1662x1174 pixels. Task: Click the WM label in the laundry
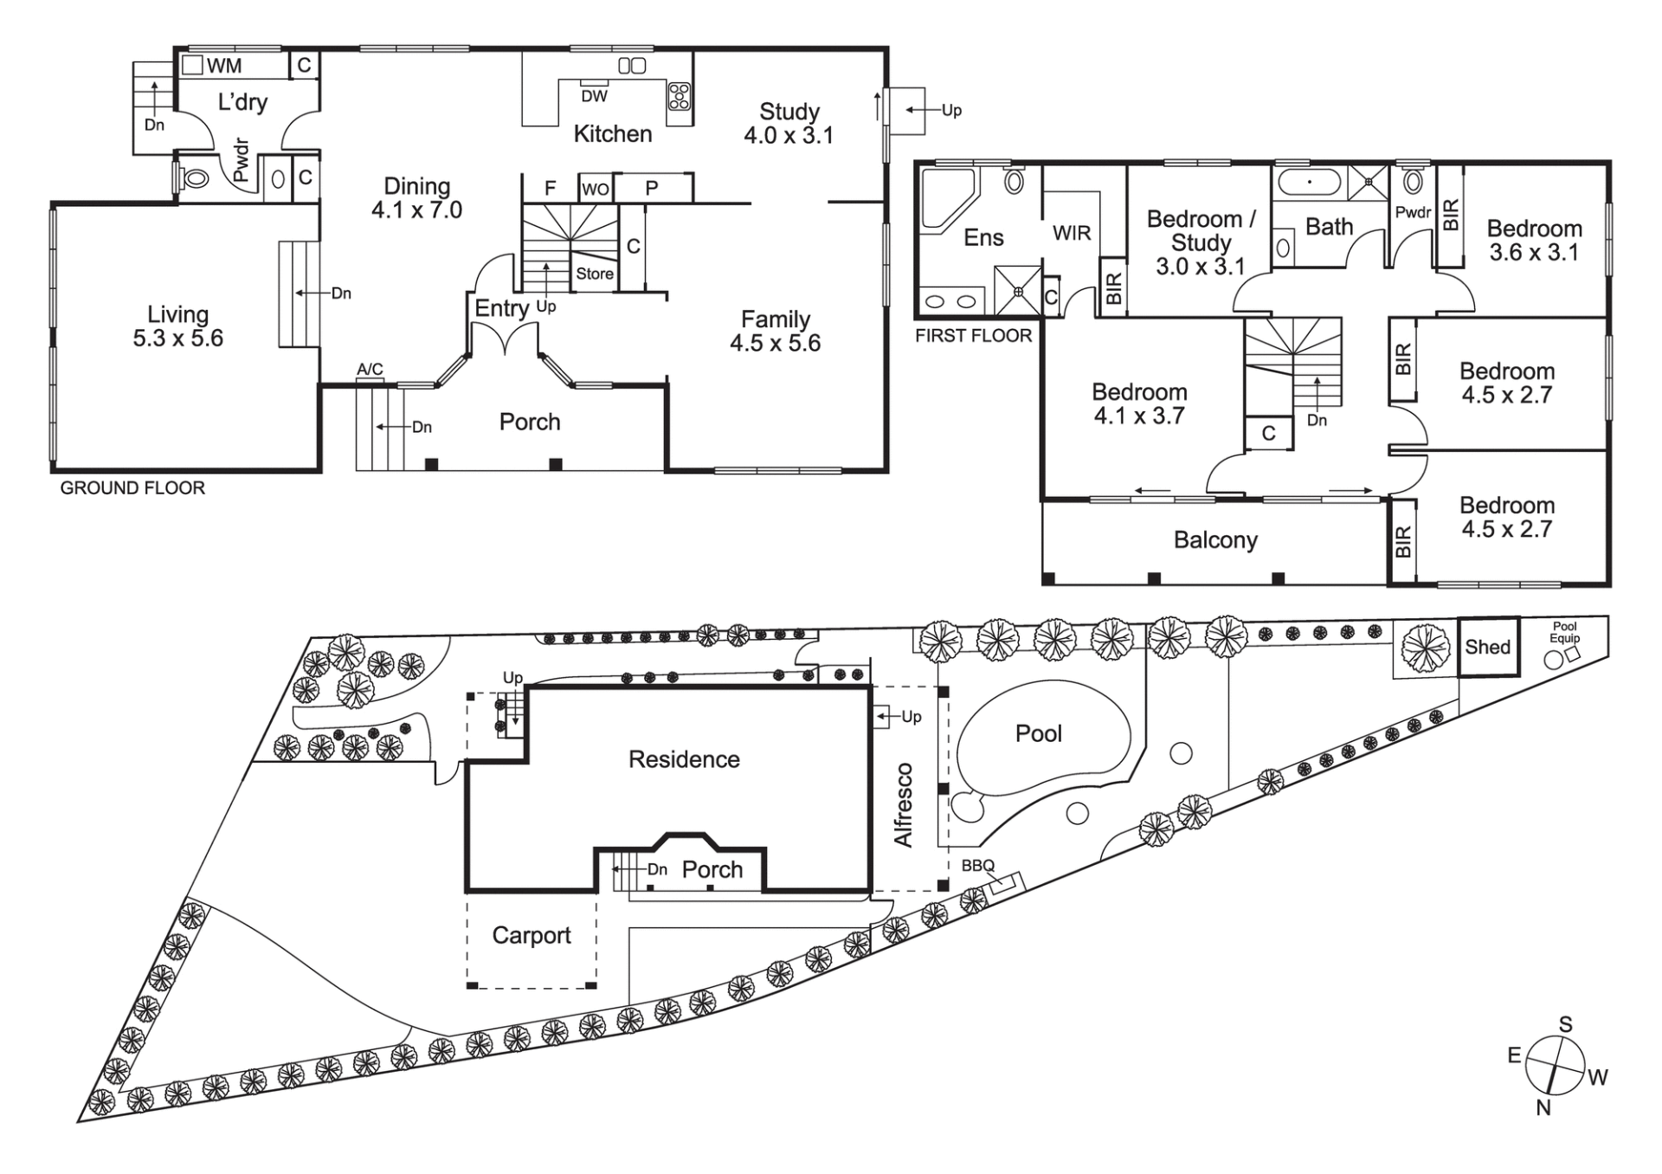point(224,66)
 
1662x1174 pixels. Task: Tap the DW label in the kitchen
point(594,96)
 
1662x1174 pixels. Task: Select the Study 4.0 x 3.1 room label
point(789,123)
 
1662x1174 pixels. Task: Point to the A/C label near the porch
point(370,370)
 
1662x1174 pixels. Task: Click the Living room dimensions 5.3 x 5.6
point(177,339)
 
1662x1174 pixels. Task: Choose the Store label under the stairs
point(595,274)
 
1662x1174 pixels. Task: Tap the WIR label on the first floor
point(1072,233)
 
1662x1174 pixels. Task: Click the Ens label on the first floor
point(983,237)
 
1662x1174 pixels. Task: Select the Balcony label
point(1215,540)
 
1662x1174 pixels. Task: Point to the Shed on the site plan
point(1488,647)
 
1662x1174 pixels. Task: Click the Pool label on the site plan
point(1038,733)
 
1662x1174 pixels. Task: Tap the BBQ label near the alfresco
point(978,866)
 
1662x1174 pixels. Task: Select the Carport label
point(531,935)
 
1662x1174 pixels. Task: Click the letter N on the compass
point(1543,1107)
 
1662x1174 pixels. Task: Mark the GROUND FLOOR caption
point(132,488)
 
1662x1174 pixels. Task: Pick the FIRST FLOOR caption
point(974,336)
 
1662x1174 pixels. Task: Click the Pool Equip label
point(1565,632)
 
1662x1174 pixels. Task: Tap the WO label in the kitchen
point(596,189)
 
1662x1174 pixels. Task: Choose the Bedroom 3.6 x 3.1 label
point(1534,241)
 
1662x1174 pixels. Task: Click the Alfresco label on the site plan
point(903,804)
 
